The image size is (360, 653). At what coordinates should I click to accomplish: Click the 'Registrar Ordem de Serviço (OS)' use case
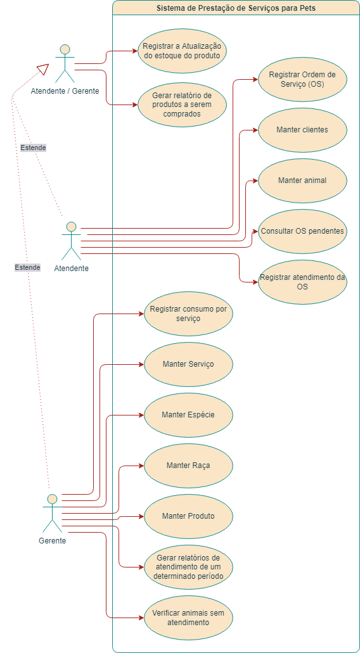point(302,79)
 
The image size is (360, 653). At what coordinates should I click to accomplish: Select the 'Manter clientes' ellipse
point(302,130)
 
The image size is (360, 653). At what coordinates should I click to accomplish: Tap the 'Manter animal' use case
point(302,181)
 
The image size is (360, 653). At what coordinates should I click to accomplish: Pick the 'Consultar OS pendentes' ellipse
point(302,231)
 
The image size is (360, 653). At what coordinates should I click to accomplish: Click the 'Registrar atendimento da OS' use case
point(302,282)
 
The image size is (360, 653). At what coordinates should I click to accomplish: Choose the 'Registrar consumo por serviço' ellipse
point(188,314)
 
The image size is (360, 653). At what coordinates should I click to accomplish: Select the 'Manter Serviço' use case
point(188,364)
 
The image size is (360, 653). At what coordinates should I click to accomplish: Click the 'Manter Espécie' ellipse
point(188,415)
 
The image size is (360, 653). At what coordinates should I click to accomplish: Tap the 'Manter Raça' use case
point(188,466)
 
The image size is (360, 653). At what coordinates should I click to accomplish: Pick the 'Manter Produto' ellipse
point(188,516)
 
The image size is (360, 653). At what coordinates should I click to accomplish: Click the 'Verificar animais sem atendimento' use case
point(188,618)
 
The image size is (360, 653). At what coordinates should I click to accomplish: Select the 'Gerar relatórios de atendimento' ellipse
point(188,567)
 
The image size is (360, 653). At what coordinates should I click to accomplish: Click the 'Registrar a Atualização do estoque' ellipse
point(182,51)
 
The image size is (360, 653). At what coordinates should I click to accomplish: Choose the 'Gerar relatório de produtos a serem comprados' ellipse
point(182,105)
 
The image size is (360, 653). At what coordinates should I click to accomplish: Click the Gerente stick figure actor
point(52,513)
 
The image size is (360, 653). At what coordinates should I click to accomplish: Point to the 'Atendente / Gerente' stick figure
point(64,63)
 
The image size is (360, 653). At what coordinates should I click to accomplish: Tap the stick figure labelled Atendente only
point(71,241)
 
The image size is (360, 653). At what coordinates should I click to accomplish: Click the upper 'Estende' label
point(33,148)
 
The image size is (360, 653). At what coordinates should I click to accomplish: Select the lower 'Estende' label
point(27,267)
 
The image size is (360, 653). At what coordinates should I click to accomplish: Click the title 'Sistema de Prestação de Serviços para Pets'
point(236,8)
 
